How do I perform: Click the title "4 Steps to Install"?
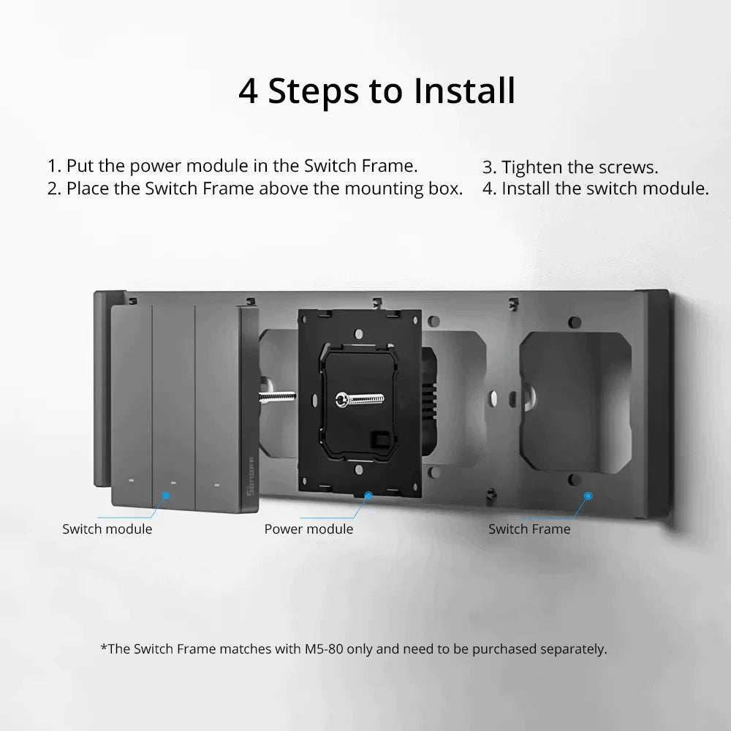click(x=376, y=91)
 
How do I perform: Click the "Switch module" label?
click(x=107, y=529)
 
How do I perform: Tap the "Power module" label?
click(x=308, y=529)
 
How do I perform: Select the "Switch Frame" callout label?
click(x=529, y=529)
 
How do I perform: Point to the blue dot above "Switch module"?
click(x=166, y=495)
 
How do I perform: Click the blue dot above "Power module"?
click(x=368, y=495)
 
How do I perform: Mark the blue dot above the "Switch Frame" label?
click(x=588, y=495)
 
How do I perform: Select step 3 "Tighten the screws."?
click(x=570, y=167)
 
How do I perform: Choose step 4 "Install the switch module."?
click(x=595, y=189)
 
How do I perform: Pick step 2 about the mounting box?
click(x=255, y=189)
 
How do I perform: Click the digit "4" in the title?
click(x=249, y=92)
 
